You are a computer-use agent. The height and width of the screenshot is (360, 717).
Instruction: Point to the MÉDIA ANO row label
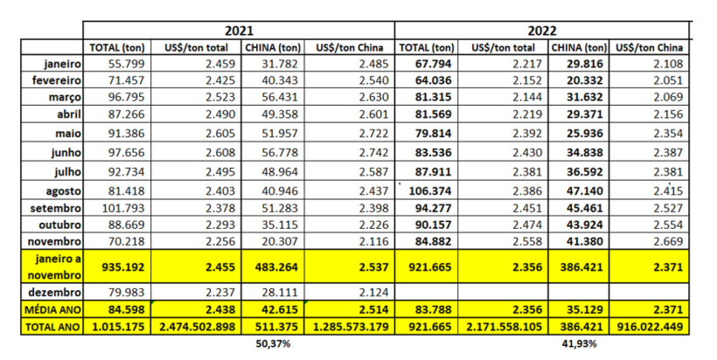pos(53,310)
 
